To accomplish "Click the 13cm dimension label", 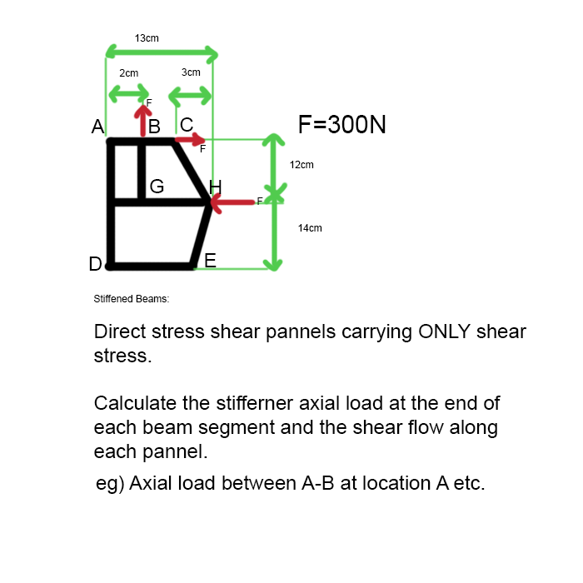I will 147,38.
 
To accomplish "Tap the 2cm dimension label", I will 128,73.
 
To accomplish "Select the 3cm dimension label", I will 191,72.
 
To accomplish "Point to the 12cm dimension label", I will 301,165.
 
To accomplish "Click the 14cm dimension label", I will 310,227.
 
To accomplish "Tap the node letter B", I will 153,127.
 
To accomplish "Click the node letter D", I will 96,265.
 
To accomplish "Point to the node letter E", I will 211,261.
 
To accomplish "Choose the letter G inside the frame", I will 157,187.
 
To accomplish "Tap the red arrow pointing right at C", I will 191,140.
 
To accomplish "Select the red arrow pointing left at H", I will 233,202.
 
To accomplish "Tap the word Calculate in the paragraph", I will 135,404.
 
